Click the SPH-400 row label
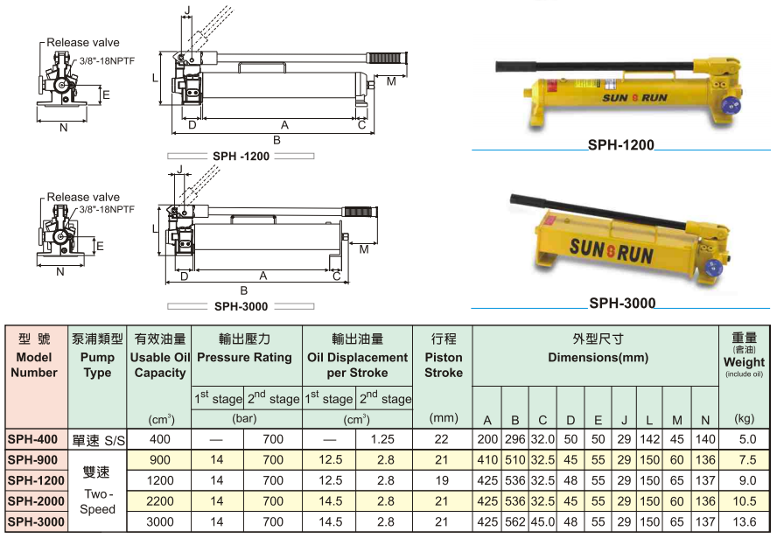pyautogui.click(x=32, y=439)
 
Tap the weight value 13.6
pyautogui.click(x=745, y=521)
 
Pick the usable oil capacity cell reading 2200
pyautogui.click(x=160, y=500)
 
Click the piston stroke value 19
pyautogui.click(x=443, y=480)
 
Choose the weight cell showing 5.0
pyautogui.click(x=745, y=439)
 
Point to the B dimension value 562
pyautogui.click(x=516, y=521)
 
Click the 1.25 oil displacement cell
pyautogui.click(x=385, y=439)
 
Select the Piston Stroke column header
pyautogui.click(x=444, y=356)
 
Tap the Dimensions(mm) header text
pyautogui.click(x=597, y=357)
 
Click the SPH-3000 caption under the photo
pyautogui.click(x=622, y=304)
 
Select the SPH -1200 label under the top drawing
pyautogui.click(x=241, y=156)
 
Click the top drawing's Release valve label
pyautogui.click(x=83, y=42)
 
